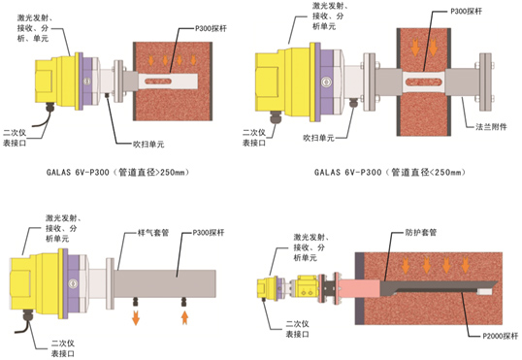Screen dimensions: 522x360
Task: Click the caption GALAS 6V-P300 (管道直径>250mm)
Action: click(x=117, y=172)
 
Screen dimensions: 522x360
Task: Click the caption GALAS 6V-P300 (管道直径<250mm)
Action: click(x=390, y=172)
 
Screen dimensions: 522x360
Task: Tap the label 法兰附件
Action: click(x=491, y=127)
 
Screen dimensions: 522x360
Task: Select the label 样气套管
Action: click(x=153, y=233)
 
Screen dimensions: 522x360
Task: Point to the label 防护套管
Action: click(x=421, y=232)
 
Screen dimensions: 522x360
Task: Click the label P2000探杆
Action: click(x=501, y=336)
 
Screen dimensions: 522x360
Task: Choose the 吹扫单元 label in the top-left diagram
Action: click(x=148, y=145)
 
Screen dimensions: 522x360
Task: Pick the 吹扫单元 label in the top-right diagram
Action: click(x=318, y=138)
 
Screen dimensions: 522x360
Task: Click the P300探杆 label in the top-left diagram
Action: click(x=211, y=29)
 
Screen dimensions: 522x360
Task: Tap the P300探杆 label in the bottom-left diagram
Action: click(x=209, y=233)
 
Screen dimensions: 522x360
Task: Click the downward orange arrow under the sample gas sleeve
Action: click(x=136, y=317)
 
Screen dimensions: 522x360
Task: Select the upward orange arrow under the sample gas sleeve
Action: click(x=184, y=317)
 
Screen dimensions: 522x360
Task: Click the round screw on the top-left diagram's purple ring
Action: click(x=87, y=81)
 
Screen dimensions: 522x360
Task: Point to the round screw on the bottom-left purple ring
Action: click(x=73, y=283)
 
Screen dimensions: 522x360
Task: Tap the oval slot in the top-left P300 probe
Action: click(x=158, y=81)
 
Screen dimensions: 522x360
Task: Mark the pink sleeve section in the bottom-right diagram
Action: click(x=359, y=288)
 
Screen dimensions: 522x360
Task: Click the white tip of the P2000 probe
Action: click(x=485, y=292)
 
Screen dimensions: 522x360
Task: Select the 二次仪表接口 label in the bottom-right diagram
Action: click(x=297, y=329)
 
